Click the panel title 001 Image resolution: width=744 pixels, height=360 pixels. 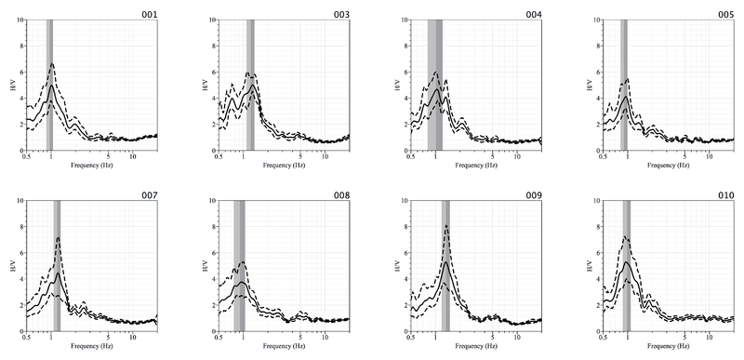point(149,16)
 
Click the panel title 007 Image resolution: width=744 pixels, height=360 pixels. point(149,195)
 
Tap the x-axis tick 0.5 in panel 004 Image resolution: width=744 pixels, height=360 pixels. point(411,156)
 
